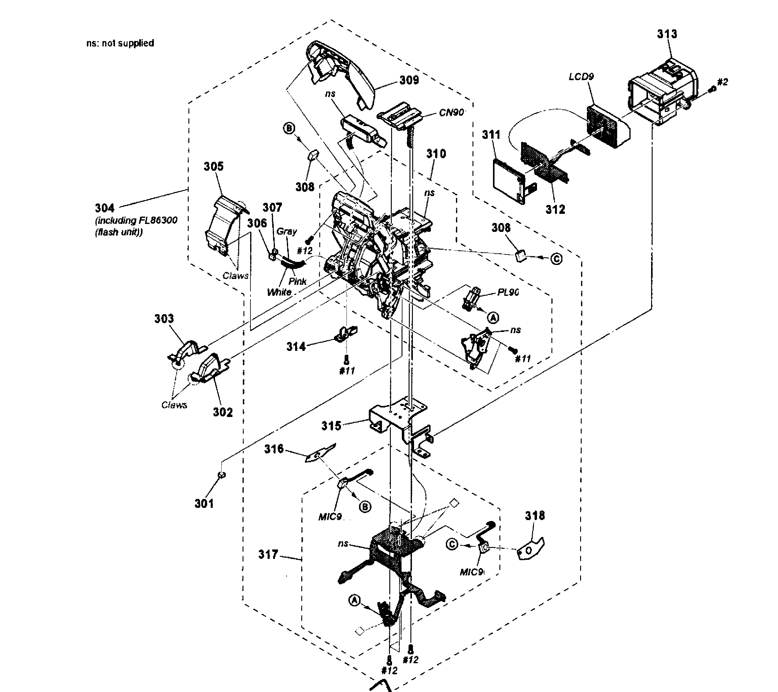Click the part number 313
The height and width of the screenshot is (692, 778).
pyautogui.click(x=667, y=34)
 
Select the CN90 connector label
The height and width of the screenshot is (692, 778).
pyautogui.click(x=451, y=112)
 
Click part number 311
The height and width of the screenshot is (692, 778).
pyautogui.click(x=491, y=135)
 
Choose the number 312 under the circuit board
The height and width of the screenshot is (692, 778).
pyautogui.click(x=555, y=209)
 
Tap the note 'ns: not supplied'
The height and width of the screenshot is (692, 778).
pyautogui.click(x=120, y=43)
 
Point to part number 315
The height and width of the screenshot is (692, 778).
pyautogui.click(x=331, y=426)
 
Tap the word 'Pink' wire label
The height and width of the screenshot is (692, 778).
pyautogui.click(x=297, y=281)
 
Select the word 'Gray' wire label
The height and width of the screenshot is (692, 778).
pyautogui.click(x=286, y=231)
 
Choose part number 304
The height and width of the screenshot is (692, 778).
pyautogui.click(x=104, y=208)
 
